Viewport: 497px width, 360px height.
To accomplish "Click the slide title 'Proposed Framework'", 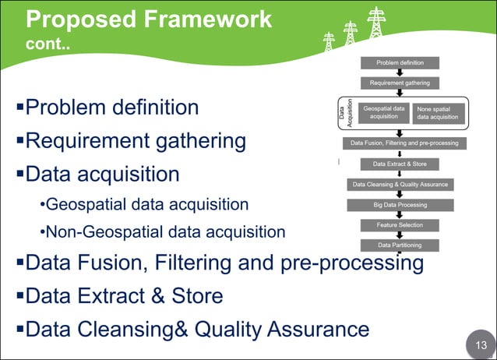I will point(149,18).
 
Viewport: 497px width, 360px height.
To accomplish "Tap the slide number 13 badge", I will point(479,344).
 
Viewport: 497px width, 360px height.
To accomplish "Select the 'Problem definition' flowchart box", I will point(400,62).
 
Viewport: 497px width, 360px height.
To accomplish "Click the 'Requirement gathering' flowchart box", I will point(400,82).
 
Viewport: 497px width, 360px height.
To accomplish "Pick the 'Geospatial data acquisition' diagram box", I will point(383,112).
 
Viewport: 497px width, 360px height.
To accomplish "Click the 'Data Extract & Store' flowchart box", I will point(400,164).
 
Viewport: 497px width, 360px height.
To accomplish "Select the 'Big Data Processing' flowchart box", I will point(400,205).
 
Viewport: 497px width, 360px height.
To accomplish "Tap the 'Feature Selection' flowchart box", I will point(400,225).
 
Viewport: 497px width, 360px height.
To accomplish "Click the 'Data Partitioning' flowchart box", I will point(400,245).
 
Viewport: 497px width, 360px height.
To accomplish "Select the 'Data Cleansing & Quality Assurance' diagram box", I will point(400,185).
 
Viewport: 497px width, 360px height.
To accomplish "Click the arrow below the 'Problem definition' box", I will point(400,72).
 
